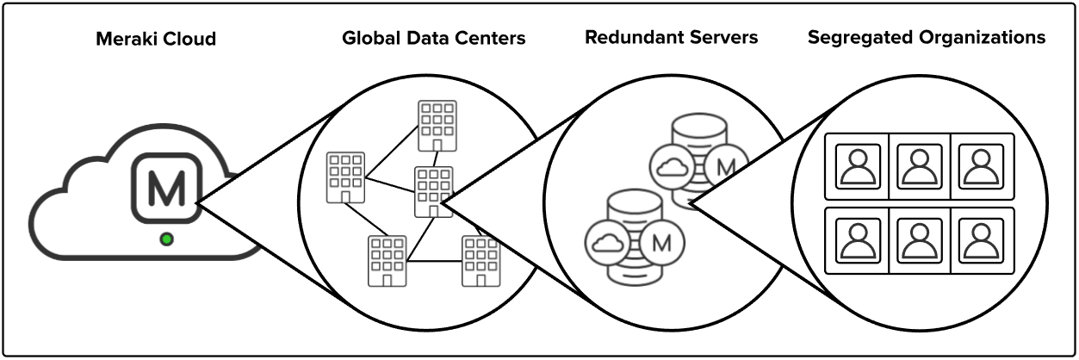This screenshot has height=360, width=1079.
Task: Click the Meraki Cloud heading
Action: [156, 39]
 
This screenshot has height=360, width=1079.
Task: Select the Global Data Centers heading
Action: [434, 39]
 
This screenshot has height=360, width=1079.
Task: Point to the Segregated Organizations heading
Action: [927, 38]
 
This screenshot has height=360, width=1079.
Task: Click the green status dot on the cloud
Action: [166, 239]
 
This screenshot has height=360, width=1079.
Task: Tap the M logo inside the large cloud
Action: [166, 190]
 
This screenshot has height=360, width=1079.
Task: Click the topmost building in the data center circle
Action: [437, 125]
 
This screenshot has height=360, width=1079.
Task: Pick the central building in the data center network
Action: [433, 190]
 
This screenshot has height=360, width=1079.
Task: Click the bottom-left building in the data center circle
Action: [387, 260]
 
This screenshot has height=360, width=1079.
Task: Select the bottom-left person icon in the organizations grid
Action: [857, 239]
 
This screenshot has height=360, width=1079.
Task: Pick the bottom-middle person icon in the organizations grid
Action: [919, 239]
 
